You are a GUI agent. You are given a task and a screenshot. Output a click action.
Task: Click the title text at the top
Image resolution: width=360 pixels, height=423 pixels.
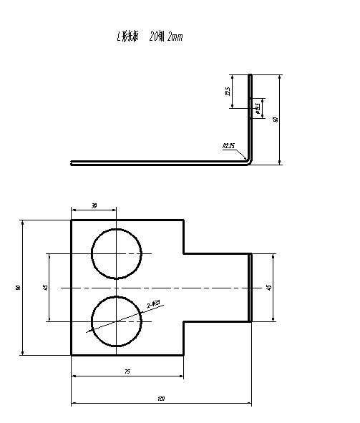click(150, 37)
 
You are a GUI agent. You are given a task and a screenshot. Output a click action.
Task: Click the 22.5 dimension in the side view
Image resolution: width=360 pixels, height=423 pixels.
click(228, 92)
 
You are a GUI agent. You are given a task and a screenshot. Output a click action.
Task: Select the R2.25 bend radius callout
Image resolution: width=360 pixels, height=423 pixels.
click(229, 146)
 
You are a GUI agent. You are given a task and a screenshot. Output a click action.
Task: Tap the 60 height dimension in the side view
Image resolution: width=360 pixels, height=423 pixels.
click(276, 119)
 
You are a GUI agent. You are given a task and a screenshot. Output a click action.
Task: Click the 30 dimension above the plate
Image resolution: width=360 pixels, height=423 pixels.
click(94, 206)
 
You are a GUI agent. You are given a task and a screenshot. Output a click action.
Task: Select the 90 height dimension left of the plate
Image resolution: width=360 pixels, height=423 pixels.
click(17, 288)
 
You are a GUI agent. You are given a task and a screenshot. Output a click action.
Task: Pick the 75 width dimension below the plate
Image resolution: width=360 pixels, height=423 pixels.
click(127, 371)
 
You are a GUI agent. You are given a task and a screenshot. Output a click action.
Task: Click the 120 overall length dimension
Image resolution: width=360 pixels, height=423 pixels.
click(161, 399)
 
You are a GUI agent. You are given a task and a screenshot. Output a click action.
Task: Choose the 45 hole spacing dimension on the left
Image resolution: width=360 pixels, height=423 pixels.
click(45, 287)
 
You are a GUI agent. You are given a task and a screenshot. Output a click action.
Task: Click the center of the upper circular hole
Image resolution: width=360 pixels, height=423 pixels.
click(116, 253)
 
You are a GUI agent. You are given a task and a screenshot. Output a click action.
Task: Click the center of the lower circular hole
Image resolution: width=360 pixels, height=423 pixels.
click(116, 321)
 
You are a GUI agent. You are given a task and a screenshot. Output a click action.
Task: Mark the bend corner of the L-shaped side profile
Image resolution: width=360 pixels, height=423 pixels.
click(248, 161)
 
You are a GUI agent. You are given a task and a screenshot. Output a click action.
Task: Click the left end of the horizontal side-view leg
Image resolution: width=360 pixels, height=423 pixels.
click(72, 162)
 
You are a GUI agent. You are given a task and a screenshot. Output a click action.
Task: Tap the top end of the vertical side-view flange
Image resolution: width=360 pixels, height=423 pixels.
click(250, 74)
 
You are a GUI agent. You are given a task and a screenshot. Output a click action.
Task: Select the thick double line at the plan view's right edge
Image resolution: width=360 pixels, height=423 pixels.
click(250, 287)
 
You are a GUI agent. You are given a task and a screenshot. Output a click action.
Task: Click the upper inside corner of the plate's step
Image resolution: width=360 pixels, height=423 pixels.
click(184, 253)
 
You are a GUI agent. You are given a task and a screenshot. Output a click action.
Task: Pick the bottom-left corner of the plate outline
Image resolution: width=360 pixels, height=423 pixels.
click(72, 354)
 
